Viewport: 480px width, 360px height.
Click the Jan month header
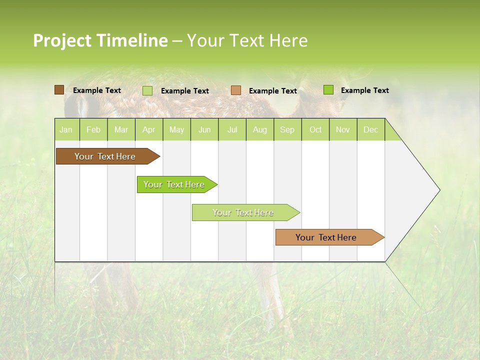coord(66,129)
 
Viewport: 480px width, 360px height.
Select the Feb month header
coord(93,129)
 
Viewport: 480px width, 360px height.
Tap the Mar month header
coord(121,129)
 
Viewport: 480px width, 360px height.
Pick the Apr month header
coord(149,129)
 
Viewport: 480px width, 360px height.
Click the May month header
coord(176,129)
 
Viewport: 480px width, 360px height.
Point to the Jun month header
coord(204,129)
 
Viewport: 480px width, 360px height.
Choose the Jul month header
coord(232,129)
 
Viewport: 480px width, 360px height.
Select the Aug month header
coord(260,129)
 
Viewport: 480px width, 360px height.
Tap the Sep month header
coord(287,129)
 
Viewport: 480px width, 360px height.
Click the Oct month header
coord(315,129)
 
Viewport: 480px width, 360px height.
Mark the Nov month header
coord(343,129)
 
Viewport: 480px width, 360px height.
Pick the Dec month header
coord(371,129)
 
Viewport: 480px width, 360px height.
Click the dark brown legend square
coord(59,90)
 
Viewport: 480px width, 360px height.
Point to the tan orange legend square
coord(236,90)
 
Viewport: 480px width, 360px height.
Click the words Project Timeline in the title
coord(100,40)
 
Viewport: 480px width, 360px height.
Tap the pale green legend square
coord(147,90)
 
